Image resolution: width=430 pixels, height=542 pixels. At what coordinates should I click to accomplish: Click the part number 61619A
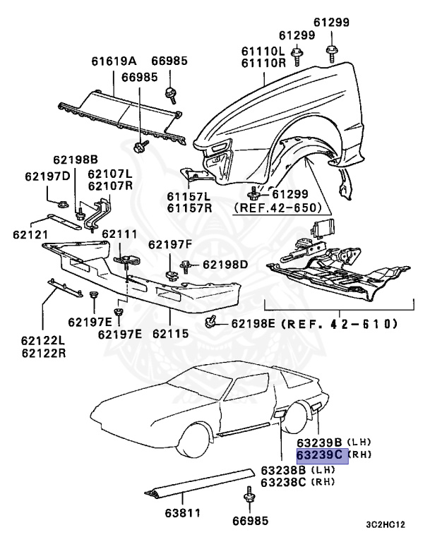coord(114,61)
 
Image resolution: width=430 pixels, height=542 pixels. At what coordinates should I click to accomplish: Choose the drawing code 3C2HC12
coord(386,524)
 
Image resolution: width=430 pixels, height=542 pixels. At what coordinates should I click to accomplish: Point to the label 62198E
coord(256,324)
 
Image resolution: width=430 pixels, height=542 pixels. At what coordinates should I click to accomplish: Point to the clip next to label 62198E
coord(210,323)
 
